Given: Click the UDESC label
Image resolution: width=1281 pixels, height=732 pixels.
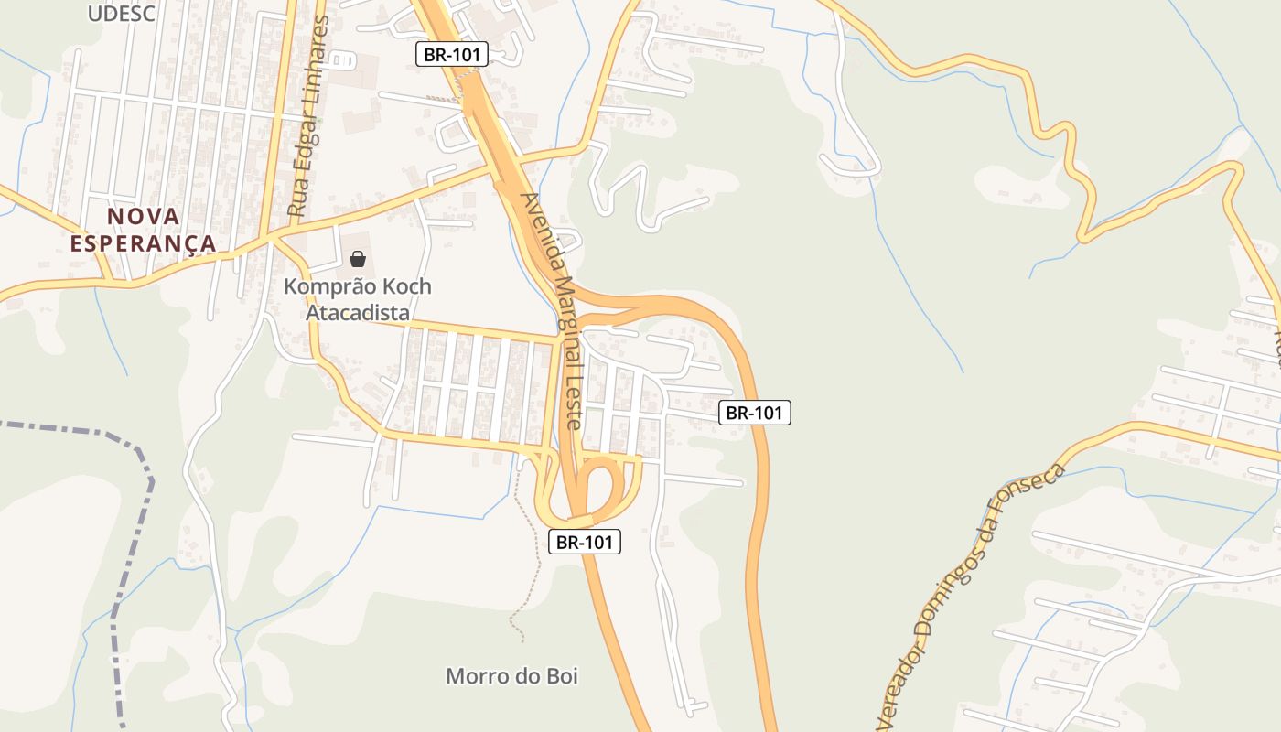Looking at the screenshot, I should pyautogui.click(x=122, y=13).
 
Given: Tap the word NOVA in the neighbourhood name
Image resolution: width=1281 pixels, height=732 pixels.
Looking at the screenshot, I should pyautogui.click(x=144, y=217).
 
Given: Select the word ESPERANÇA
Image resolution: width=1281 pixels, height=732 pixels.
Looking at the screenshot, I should pyautogui.click(x=144, y=244).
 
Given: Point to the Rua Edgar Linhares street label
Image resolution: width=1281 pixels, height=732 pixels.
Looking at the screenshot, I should pyautogui.click(x=307, y=115).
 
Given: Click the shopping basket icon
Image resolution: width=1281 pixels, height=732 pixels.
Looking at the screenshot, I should pyautogui.click(x=358, y=259).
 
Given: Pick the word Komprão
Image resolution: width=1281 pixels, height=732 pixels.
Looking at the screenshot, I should pyautogui.click(x=325, y=286).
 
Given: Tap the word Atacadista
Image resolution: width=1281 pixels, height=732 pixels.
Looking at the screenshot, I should pyautogui.click(x=357, y=313).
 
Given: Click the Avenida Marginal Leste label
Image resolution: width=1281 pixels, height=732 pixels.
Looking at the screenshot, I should pyautogui.click(x=551, y=310).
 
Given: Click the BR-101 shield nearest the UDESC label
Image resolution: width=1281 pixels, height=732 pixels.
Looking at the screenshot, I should pyautogui.click(x=452, y=54).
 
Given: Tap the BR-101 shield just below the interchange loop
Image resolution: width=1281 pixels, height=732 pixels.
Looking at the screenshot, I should pyautogui.click(x=586, y=542).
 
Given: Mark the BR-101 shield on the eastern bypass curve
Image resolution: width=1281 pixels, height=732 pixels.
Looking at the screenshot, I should pyautogui.click(x=755, y=413).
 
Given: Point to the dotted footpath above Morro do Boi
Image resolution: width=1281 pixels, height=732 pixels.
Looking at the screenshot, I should pyautogui.click(x=535, y=558).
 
